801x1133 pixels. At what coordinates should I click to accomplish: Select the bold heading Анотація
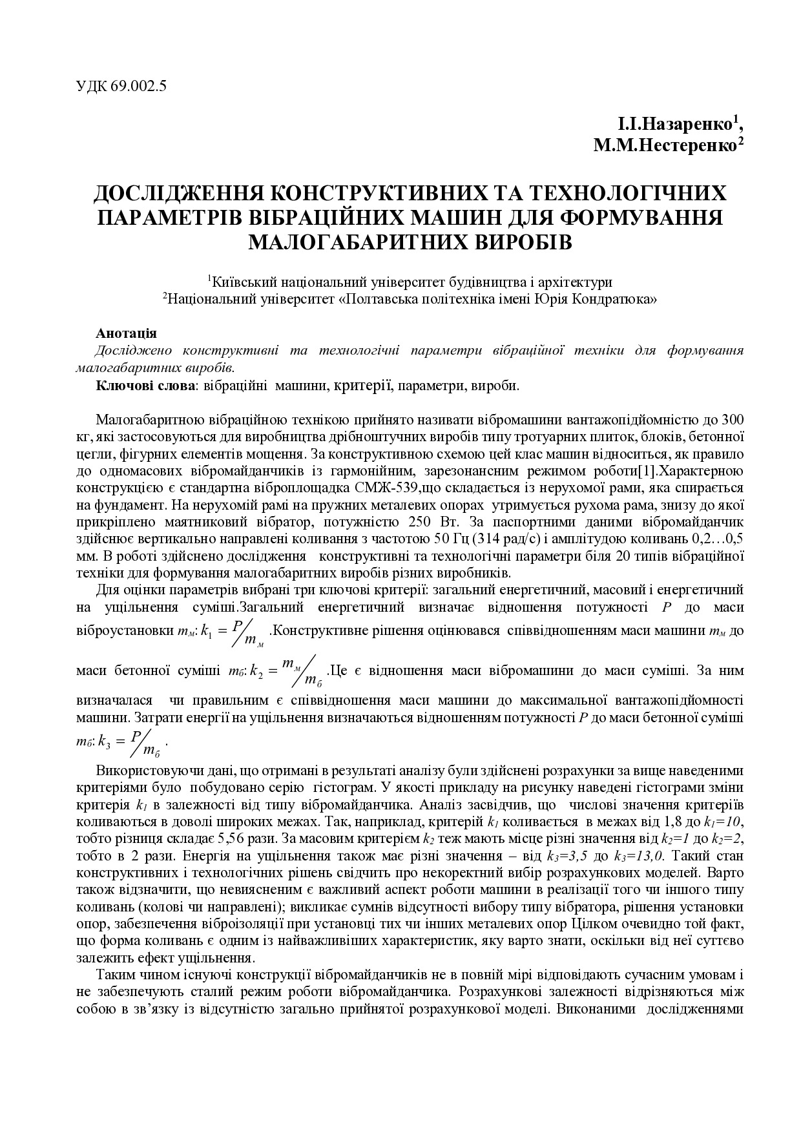pyautogui.click(x=126, y=333)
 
